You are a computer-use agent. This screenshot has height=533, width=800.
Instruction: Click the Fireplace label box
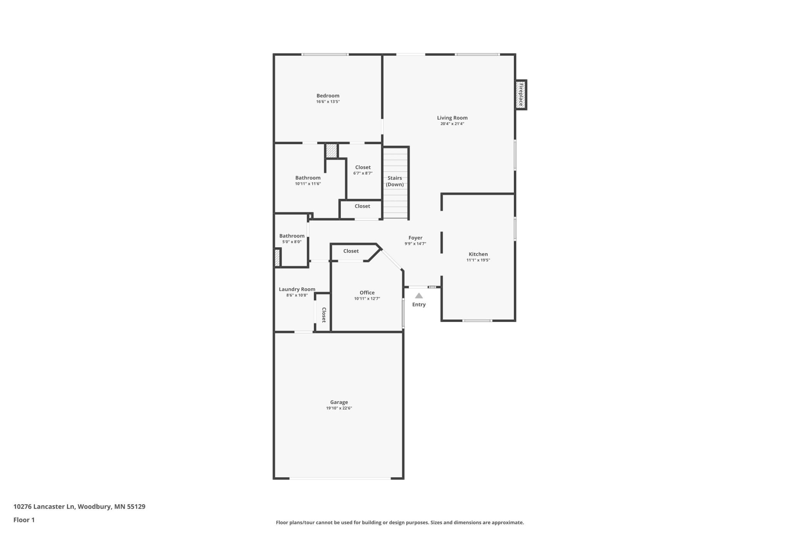pyautogui.click(x=521, y=95)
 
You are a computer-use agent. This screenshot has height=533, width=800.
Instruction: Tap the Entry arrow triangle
pyautogui.click(x=419, y=296)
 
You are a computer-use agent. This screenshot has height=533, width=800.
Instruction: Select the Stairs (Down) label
pyautogui.click(x=395, y=181)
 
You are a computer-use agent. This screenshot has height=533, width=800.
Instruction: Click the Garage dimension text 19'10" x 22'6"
pyautogui.click(x=339, y=408)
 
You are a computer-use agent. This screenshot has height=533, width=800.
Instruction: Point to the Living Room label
pyautogui.click(x=452, y=118)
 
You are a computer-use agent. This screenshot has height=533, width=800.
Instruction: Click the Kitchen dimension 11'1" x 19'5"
pyautogui.click(x=478, y=260)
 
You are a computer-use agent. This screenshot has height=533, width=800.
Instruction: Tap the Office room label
pyautogui.click(x=367, y=293)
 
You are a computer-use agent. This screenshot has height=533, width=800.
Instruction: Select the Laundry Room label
pyautogui.click(x=297, y=290)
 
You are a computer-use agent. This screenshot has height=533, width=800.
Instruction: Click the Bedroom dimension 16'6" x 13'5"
pyautogui.click(x=328, y=102)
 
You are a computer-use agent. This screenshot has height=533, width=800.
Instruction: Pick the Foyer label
pyautogui.click(x=415, y=238)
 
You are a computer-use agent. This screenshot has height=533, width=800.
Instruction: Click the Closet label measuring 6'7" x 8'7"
pyautogui.click(x=363, y=168)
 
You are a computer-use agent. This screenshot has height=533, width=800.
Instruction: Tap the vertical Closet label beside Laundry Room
pyautogui.click(x=324, y=315)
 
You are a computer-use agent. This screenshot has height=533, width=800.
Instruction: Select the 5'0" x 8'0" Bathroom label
pyautogui.click(x=292, y=236)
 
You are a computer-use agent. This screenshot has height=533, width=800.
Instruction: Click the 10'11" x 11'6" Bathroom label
pyautogui.click(x=308, y=178)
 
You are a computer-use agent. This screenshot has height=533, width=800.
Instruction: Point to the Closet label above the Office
pyautogui.click(x=351, y=251)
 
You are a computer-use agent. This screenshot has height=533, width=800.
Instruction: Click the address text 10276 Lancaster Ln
pyautogui.click(x=44, y=506)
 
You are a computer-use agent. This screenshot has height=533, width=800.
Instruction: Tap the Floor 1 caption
pyautogui.click(x=24, y=520)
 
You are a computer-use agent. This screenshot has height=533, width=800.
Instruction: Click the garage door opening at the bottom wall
pyautogui.click(x=340, y=478)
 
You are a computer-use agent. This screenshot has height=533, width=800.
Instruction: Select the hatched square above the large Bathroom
pyautogui.click(x=331, y=150)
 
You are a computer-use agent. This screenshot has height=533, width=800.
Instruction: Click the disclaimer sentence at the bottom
pyautogui.click(x=400, y=523)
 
